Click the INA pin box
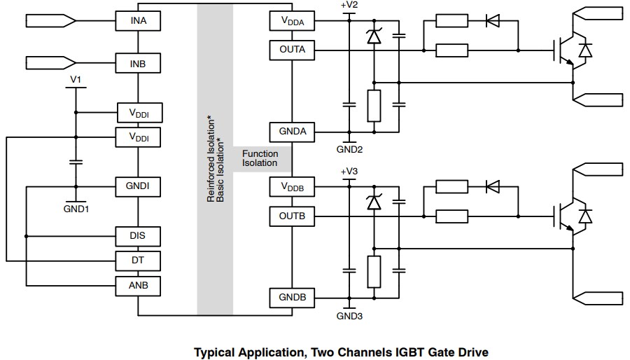click(x=139, y=21)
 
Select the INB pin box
click(x=139, y=64)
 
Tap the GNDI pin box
click(x=139, y=187)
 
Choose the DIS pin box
click(x=139, y=236)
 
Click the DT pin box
click(x=139, y=261)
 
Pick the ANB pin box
click(x=139, y=285)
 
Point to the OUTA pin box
click(x=292, y=50)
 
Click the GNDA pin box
click(x=292, y=132)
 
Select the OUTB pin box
click(x=292, y=216)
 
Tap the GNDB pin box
click(x=292, y=298)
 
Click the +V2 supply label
click(x=348, y=6)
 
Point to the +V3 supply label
click(x=348, y=172)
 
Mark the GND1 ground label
click(x=76, y=209)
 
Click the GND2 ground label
click(x=348, y=149)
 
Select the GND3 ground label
click(x=348, y=316)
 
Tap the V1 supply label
click(x=76, y=80)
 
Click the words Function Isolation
click(x=260, y=158)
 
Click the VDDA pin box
click(x=292, y=22)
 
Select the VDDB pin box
click(x=292, y=188)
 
